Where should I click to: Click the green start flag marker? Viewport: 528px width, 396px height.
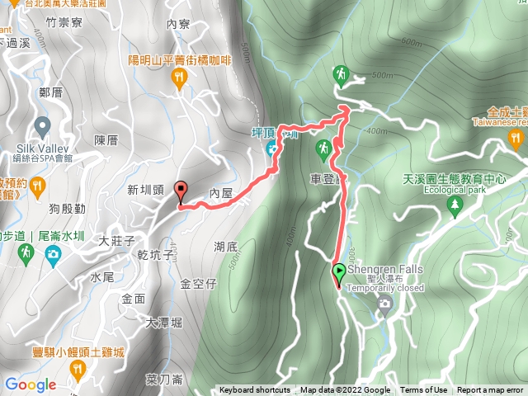pos(339,271)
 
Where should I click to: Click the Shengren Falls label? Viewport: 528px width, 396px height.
pos(384,269)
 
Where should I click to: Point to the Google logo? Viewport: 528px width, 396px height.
pos(30,384)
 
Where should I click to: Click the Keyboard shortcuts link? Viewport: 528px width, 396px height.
pos(255,390)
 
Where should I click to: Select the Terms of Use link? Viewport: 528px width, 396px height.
pos(424,390)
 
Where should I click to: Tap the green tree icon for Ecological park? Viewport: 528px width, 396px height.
pos(454,204)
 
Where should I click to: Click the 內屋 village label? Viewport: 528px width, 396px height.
pos(223,192)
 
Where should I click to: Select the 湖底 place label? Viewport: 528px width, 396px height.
pos(225,246)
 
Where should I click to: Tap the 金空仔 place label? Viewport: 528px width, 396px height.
pos(198,284)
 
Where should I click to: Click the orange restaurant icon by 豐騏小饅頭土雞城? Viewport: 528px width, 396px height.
pos(78,370)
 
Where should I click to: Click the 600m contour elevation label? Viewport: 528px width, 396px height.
pos(410,42)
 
